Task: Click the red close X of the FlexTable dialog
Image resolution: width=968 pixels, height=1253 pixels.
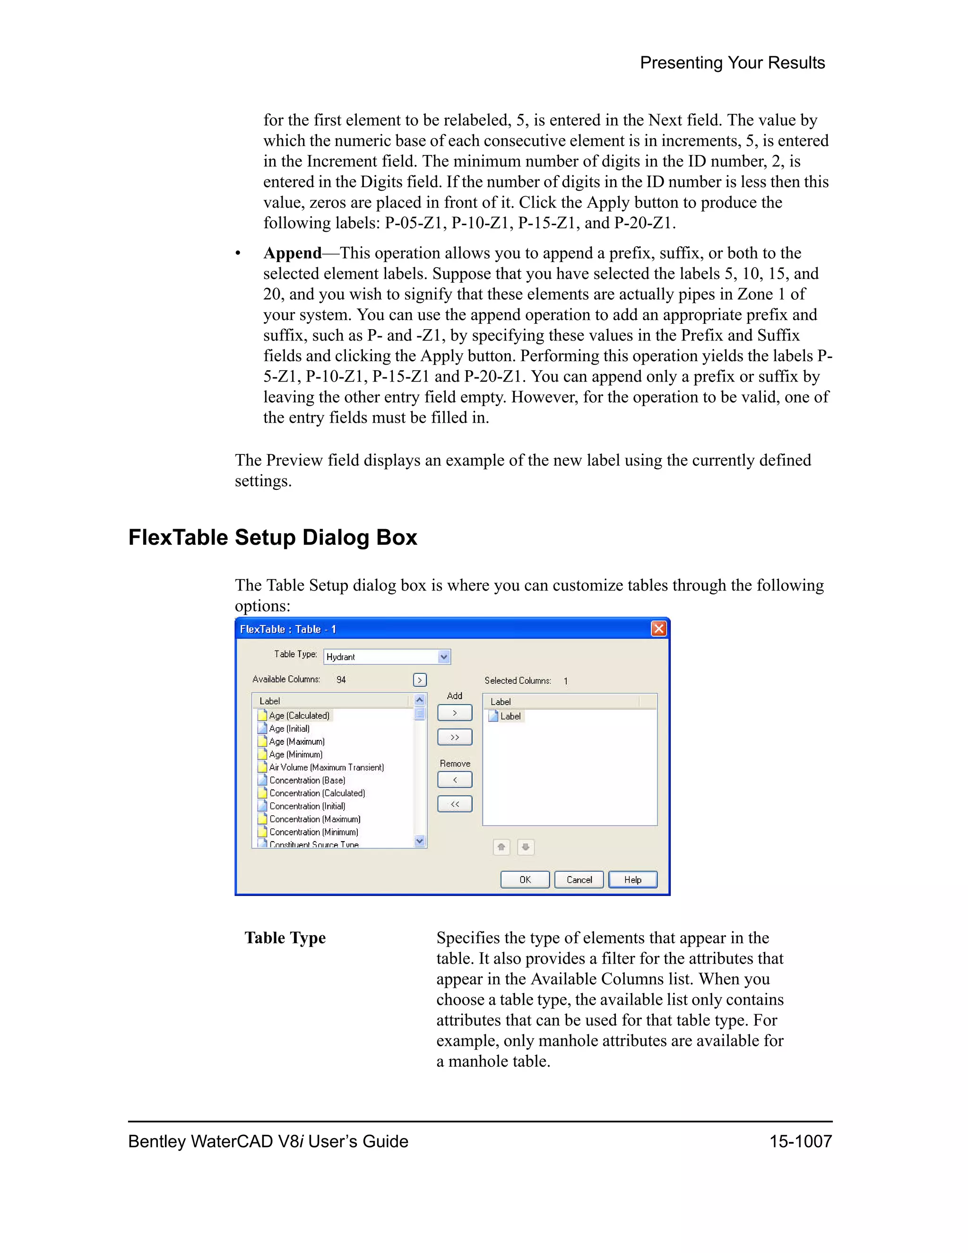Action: (x=659, y=629)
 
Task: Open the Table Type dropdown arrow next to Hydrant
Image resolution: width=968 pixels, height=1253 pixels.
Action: (x=443, y=657)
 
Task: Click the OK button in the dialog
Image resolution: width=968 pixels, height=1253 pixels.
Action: (x=525, y=879)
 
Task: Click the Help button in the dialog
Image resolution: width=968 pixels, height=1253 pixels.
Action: (x=632, y=879)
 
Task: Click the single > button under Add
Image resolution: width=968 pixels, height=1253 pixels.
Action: (x=455, y=713)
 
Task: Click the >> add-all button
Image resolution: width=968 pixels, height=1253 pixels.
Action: (x=455, y=737)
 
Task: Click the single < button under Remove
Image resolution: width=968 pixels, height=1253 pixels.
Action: (x=455, y=780)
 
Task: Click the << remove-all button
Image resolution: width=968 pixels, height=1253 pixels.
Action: (x=455, y=804)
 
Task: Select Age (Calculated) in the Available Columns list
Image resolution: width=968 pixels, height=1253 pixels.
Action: (x=299, y=715)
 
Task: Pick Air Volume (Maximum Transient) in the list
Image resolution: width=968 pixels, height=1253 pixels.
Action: (x=326, y=767)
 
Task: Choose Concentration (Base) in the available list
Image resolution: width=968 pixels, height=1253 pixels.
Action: (x=307, y=780)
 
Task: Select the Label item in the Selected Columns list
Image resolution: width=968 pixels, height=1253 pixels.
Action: (x=510, y=716)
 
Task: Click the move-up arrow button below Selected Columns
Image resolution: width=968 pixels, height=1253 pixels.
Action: (x=501, y=847)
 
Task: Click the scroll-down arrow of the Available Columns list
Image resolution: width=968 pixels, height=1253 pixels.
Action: (x=420, y=841)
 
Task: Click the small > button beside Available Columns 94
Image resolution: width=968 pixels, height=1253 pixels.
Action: (x=420, y=680)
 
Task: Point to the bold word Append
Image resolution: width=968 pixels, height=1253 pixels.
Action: (x=293, y=253)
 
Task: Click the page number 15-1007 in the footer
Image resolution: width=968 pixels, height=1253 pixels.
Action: (x=800, y=1141)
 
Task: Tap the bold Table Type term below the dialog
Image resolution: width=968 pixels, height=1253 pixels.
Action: (x=285, y=938)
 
